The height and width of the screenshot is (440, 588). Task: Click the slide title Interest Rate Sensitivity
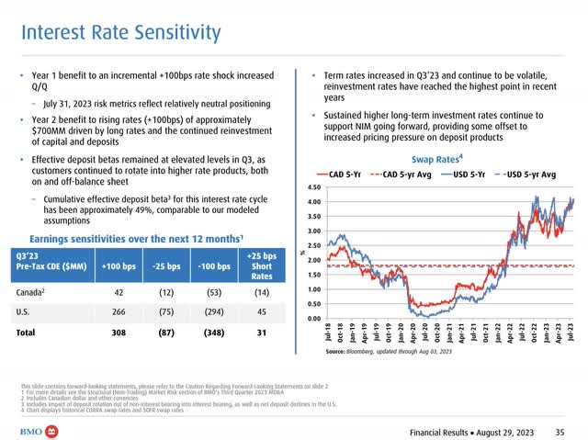pos(121,34)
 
